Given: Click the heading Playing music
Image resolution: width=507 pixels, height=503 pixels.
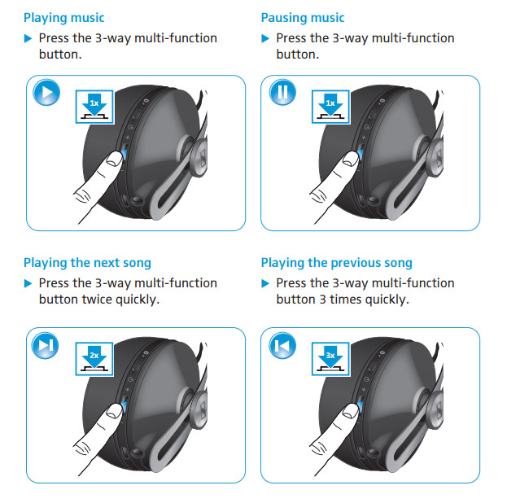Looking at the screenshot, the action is point(64,18).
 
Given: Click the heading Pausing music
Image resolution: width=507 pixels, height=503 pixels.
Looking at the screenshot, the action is point(303,18).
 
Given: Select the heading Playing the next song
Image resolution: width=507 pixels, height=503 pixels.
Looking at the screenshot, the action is point(87,263).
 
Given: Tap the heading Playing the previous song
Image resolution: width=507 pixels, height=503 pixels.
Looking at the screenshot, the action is point(337,263).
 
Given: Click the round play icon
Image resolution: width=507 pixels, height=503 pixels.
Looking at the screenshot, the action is point(46,92).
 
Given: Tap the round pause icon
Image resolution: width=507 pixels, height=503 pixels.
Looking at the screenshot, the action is point(282,92).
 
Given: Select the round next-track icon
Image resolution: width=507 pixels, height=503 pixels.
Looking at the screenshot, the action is point(46,345).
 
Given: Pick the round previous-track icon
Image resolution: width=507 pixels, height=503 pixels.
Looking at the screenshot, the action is point(282,345).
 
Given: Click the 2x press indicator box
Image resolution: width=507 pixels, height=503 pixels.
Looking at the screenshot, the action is point(94,359).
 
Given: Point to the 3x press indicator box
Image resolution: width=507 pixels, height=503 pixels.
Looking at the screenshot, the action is point(330,359).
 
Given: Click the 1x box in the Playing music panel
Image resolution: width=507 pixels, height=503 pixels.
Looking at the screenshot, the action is point(94,107).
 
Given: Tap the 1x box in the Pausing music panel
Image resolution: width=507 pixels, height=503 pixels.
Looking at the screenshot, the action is point(330,107).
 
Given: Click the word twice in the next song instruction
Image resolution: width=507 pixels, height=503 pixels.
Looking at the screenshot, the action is point(97,300).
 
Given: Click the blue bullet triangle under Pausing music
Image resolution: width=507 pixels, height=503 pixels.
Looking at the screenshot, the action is point(265,38).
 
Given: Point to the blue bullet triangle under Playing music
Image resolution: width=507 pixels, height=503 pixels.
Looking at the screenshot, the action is point(28,38).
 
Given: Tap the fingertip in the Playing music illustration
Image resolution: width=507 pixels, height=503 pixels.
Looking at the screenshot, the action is point(114,160).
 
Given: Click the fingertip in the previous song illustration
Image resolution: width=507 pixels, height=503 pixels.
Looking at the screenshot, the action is point(350,412).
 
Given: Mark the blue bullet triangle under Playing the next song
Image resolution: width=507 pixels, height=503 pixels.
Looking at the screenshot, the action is point(28,284).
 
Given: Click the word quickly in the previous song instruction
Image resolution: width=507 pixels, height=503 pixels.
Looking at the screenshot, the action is point(387,300).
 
